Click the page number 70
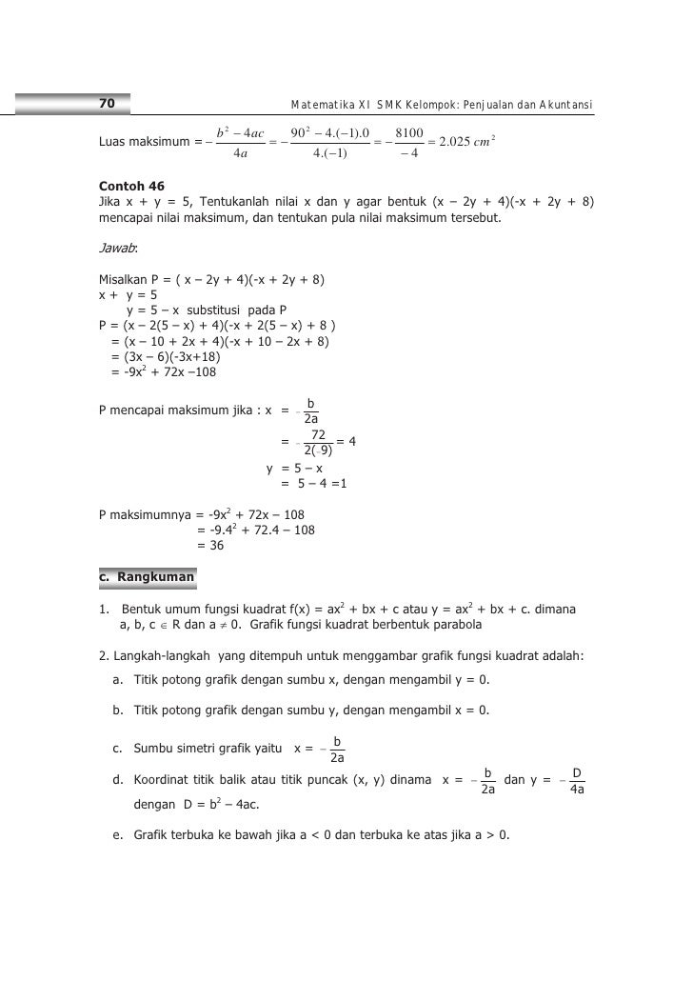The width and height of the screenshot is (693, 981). tap(107, 102)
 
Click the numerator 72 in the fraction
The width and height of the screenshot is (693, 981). tap(319, 434)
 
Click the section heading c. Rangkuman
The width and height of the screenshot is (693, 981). tap(147, 577)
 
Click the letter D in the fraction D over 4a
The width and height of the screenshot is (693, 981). tap(577, 773)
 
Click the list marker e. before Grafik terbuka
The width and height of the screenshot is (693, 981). tap(116, 835)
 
